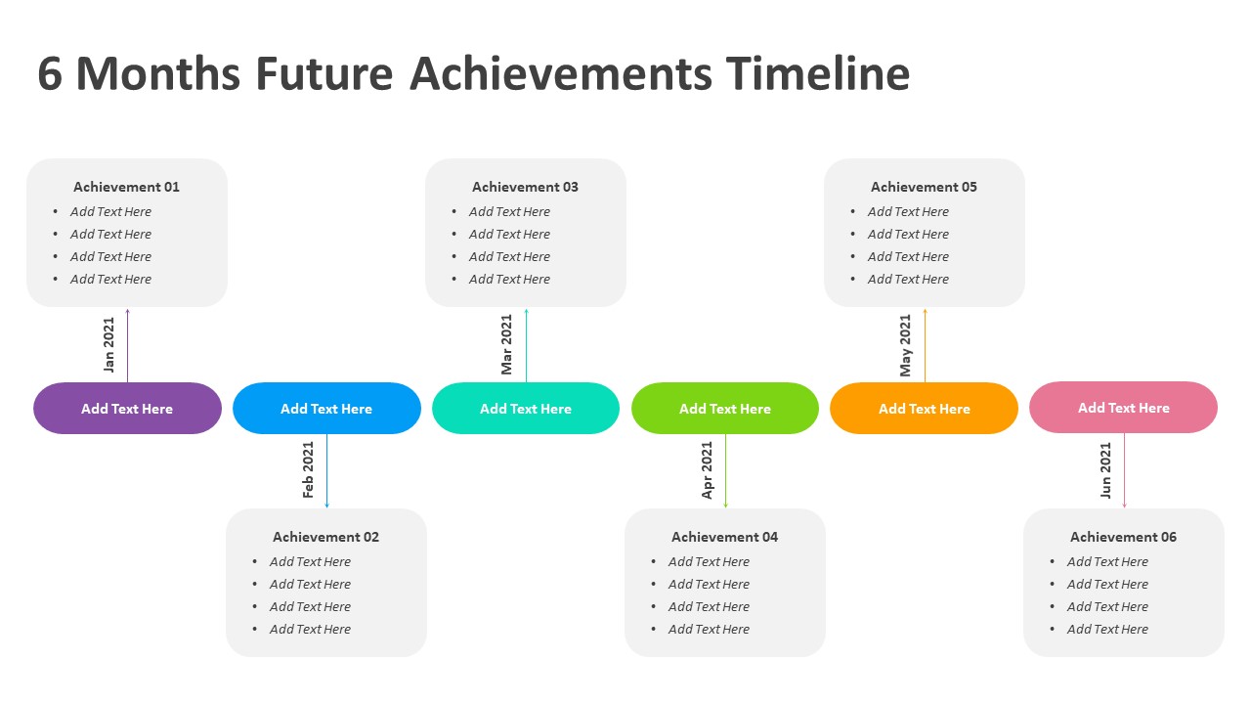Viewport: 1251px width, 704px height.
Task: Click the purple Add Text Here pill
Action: coord(127,409)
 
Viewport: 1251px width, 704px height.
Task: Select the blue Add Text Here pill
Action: coord(326,409)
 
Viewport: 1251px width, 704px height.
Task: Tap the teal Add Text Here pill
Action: coord(526,409)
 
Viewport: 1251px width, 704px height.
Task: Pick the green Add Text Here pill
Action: coord(725,409)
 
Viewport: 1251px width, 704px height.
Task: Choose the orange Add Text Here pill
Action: coord(925,409)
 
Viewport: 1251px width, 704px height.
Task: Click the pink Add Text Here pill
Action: coord(1124,408)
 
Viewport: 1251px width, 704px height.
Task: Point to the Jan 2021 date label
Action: coord(108,345)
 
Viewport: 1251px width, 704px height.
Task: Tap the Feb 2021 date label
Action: coord(308,470)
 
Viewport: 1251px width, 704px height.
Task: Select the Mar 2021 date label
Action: coord(506,344)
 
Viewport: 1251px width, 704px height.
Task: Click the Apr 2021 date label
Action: coord(707,470)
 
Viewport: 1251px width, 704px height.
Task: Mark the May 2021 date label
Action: coord(905,345)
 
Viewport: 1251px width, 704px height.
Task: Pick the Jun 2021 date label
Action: coord(1105,470)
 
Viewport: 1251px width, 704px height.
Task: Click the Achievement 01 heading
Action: coord(127,187)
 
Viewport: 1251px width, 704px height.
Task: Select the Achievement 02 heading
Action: coord(326,537)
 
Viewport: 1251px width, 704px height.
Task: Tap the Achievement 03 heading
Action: coord(526,187)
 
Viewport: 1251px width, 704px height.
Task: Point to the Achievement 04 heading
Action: coord(725,537)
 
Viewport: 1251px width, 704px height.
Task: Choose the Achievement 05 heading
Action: coord(925,187)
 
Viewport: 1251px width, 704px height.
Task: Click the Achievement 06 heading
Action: coord(1124,537)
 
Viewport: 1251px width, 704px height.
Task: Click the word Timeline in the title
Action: coord(818,73)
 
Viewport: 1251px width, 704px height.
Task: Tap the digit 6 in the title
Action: coord(50,73)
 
